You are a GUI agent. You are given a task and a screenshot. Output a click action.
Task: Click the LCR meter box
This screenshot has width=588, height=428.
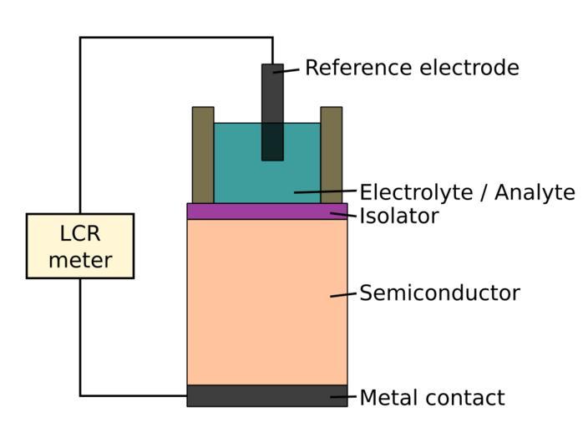(x=80, y=246)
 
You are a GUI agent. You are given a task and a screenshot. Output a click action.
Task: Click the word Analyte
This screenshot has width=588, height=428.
(x=534, y=192)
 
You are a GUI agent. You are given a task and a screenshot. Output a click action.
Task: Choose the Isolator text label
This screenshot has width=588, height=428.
(x=398, y=217)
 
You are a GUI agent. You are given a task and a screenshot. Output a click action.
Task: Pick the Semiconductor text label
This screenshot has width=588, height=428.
(x=439, y=293)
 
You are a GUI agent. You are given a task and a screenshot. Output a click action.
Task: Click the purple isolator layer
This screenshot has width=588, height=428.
(x=251, y=211)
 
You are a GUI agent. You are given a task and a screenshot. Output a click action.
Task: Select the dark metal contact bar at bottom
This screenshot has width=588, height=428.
(x=251, y=395)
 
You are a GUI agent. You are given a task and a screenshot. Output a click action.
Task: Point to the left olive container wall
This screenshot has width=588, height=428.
(x=203, y=155)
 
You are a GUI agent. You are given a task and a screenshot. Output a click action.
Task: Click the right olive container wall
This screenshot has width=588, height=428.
(x=332, y=155)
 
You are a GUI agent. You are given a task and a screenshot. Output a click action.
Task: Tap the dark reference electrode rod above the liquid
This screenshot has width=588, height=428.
(x=272, y=92)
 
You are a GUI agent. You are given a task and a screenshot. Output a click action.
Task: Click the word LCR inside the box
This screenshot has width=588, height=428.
(x=80, y=233)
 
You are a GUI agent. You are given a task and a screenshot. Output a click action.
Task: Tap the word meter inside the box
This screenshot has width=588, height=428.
(x=80, y=260)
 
